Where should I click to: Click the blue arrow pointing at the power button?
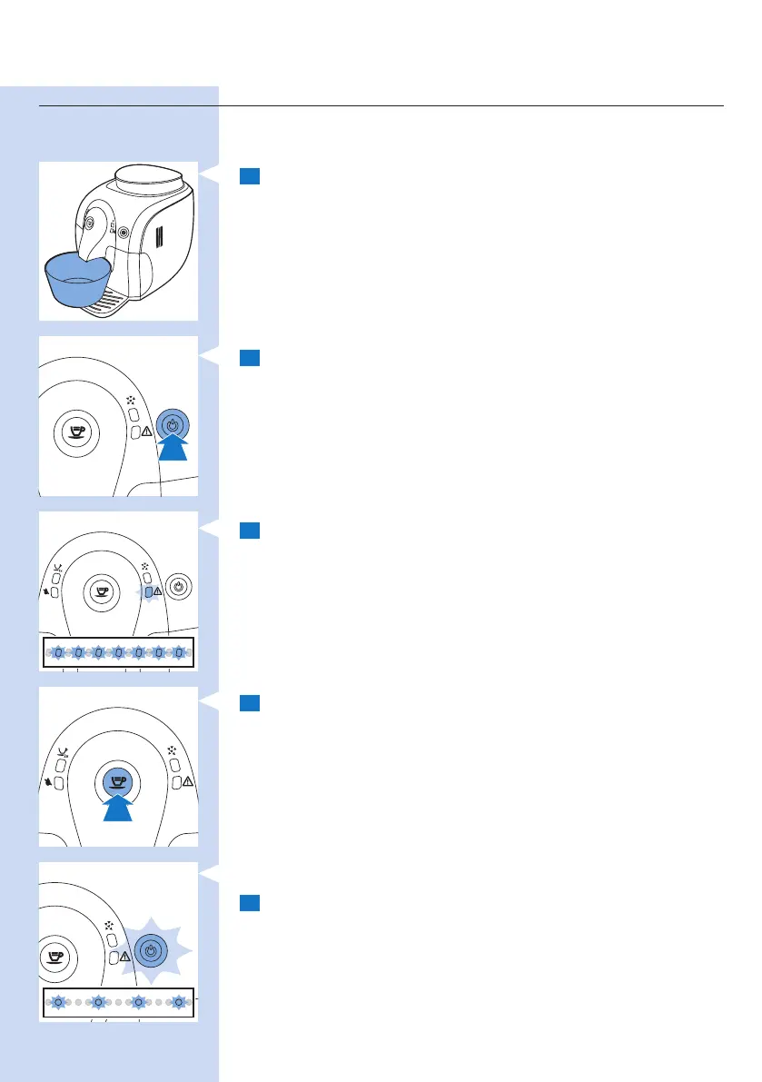173,449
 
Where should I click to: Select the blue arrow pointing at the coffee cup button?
117,808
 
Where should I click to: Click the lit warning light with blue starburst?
147,591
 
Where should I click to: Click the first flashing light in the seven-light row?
57,652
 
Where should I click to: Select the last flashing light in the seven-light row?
179,652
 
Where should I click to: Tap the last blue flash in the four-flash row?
179,1003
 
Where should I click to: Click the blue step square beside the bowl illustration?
251,176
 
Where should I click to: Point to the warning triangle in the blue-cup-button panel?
187,781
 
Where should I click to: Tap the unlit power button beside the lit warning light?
179,588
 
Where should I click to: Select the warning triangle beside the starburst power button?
125,957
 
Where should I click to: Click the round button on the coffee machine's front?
124,232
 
